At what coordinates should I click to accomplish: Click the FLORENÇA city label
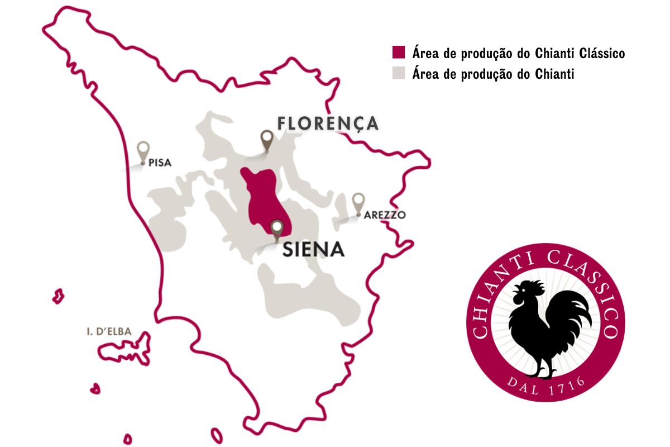coord(328,123)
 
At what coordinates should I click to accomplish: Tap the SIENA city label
coord(313,249)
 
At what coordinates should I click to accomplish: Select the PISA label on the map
coord(160,164)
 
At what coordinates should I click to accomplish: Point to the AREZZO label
coord(384,215)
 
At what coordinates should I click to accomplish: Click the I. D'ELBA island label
coord(109,331)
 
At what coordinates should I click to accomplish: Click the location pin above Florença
coord(267,139)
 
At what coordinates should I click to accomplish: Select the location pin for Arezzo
coord(358,202)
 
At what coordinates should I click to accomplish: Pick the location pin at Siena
coord(276,229)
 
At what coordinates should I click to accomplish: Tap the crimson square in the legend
coord(398,53)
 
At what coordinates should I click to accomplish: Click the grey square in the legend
coord(398,73)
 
